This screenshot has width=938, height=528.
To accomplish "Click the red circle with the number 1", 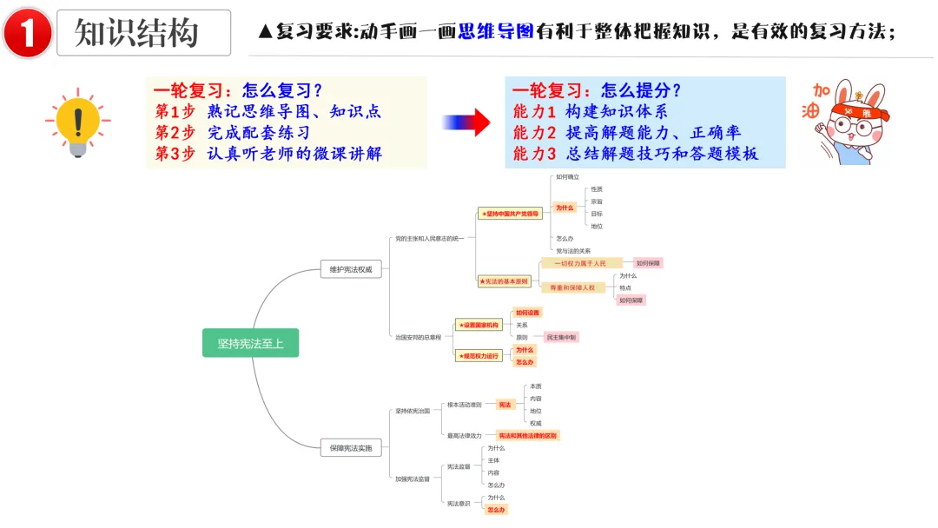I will coord(28,33).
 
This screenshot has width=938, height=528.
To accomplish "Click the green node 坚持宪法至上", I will coord(250,343).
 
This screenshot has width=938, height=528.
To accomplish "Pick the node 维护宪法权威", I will coord(350,269).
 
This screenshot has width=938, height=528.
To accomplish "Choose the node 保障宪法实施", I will coord(350,448).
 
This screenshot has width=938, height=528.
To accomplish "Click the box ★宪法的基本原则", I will coord(504,281).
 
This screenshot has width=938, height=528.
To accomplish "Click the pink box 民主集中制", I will coord(561,337).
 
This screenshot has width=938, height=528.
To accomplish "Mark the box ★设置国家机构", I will coord(479,325).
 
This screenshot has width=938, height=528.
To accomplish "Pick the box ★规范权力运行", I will coord(479,355).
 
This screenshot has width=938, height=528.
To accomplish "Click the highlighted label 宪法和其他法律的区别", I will coord(528,435).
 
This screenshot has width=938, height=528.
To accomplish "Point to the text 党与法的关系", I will coord(573,251).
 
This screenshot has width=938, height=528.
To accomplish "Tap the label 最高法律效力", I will coord(464,435).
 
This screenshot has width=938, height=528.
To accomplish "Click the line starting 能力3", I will coord(635,154).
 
